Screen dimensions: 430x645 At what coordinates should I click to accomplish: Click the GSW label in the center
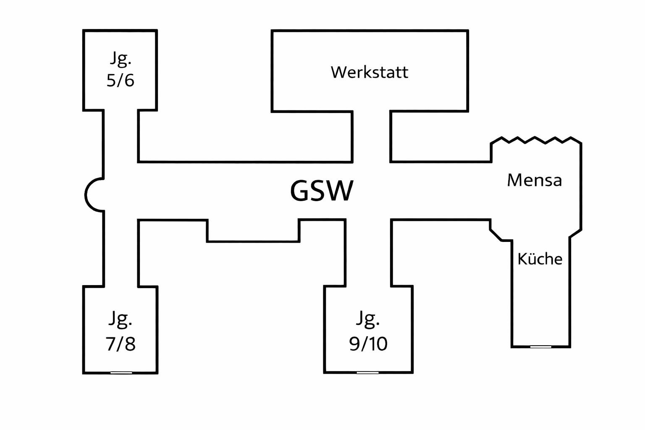(x=322, y=191)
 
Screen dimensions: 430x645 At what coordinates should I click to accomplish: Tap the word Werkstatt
(x=369, y=72)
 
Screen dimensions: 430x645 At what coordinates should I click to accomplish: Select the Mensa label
(x=534, y=180)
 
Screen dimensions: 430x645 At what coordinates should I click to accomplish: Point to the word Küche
(x=540, y=259)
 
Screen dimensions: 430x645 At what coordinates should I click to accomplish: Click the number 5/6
(x=121, y=80)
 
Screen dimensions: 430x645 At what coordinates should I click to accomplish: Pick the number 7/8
(x=121, y=344)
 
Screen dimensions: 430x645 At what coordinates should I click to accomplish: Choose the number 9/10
(x=368, y=344)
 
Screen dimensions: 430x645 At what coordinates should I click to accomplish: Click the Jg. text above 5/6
(x=121, y=59)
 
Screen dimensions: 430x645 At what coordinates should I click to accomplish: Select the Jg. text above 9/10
(x=368, y=319)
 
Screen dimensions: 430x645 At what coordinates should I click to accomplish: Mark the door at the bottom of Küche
(x=540, y=347)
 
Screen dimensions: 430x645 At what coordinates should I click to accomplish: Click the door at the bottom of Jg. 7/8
(x=121, y=372)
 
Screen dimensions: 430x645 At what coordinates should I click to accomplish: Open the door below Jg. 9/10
(x=367, y=372)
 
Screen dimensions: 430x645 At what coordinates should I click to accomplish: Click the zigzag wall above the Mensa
(x=536, y=140)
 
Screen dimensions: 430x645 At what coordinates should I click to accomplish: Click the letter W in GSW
(x=338, y=191)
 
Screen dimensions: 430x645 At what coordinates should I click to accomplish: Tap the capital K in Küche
(x=522, y=259)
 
